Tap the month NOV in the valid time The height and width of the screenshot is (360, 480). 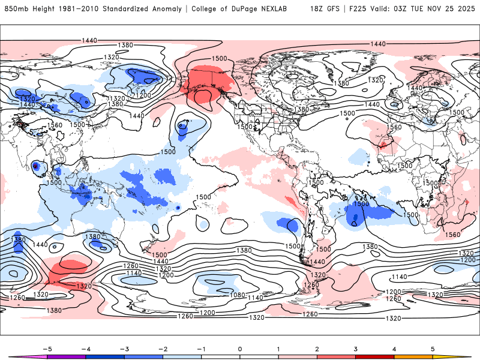440,9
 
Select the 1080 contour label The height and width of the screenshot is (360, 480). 238,295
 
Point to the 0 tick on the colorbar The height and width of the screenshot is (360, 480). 239,347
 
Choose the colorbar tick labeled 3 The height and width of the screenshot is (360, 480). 356,347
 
